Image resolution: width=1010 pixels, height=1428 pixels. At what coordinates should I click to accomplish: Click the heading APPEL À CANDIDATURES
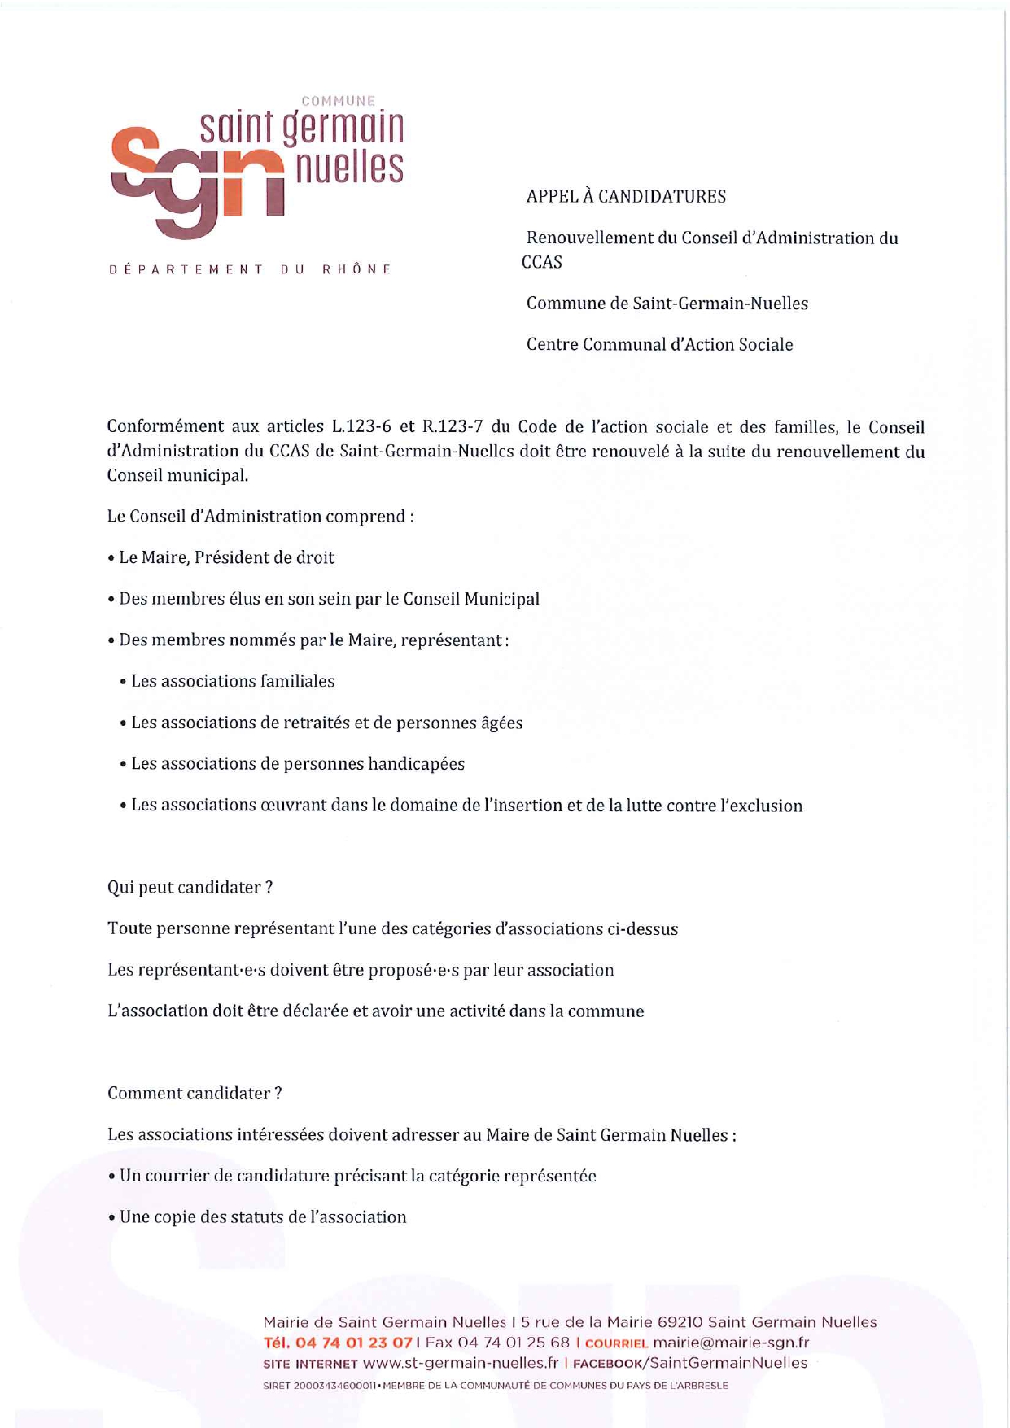[x=626, y=197]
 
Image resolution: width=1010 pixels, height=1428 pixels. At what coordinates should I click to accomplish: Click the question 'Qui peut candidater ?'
[x=190, y=888]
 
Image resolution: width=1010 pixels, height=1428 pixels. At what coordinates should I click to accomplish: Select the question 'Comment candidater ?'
[x=195, y=1094]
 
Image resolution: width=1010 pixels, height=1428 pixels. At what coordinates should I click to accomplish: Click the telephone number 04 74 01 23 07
[x=354, y=1343]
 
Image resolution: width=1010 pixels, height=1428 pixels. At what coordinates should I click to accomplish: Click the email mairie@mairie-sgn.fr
[x=731, y=1343]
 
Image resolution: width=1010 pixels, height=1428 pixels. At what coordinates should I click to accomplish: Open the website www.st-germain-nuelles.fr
[x=461, y=1363]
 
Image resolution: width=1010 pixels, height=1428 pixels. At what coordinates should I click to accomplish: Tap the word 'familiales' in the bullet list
[x=296, y=681]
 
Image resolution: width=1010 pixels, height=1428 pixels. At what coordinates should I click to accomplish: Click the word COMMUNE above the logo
[x=339, y=101]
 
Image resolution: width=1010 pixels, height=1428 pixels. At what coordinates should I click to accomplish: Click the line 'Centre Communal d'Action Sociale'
[x=659, y=345]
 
